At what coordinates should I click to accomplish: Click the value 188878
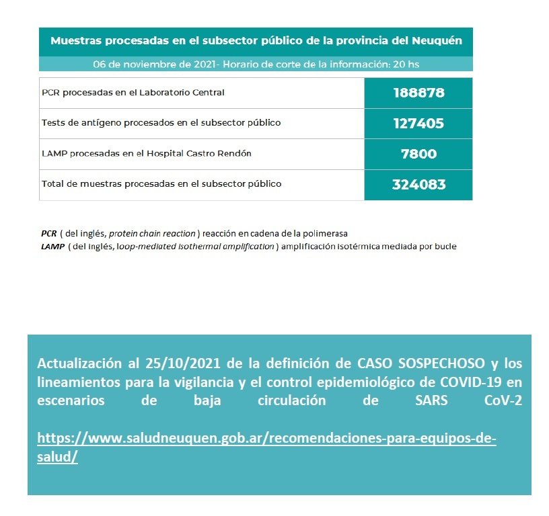point(418,93)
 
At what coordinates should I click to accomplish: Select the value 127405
point(418,124)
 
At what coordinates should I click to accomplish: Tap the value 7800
point(418,154)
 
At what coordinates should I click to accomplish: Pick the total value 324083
point(418,185)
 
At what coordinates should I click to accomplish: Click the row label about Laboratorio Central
point(133,93)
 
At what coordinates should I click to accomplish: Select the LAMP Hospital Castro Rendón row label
point(146,154)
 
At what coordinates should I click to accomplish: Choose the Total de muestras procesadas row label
point(161,183)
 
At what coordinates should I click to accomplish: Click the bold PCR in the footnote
point(48,234)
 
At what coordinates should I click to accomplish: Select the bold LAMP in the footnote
point(52,246)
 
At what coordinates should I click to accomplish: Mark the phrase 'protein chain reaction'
point(152,234)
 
